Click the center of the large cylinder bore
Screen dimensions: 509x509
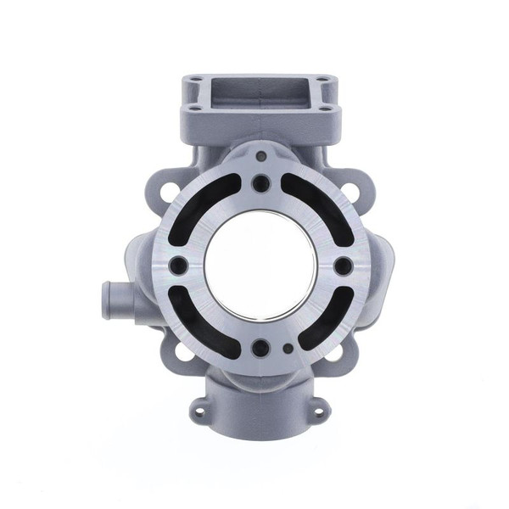260,265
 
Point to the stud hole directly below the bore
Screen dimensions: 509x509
260,347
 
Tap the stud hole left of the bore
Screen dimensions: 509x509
177,266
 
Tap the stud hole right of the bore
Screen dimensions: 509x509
343,266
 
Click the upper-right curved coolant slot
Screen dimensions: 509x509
318,204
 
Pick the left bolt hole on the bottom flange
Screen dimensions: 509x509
201,413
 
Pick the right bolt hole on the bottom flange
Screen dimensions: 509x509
319,413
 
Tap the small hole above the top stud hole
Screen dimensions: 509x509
260,156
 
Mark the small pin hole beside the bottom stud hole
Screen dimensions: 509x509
288,348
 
